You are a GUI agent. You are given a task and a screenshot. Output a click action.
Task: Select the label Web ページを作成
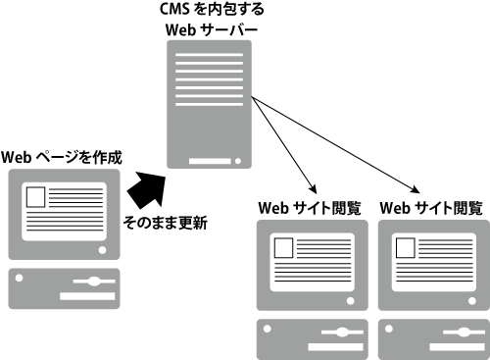(x=61, y=156)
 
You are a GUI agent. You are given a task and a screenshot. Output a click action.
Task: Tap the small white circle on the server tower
(x=239, y=161)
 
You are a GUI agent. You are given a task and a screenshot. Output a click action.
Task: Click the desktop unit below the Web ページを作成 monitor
(x=61, y=287)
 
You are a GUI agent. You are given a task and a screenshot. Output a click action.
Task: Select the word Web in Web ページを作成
(x=17, y=156)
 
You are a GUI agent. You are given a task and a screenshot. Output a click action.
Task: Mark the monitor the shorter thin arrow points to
(x=311, y=264)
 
